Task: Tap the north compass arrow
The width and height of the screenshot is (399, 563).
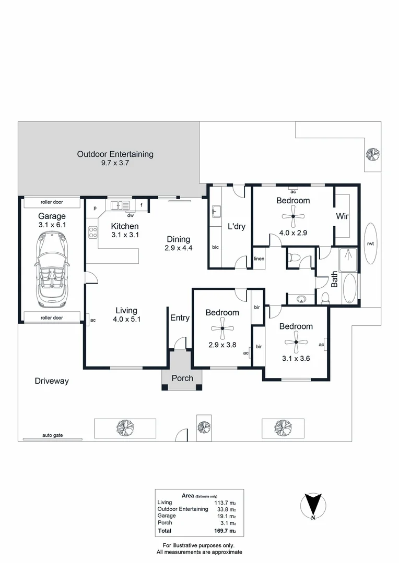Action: [312, 505]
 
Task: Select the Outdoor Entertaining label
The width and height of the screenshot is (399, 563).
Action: [115, 154]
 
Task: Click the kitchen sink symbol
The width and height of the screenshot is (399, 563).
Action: [120, 205]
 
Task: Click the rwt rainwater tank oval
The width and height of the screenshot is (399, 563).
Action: [370, 243]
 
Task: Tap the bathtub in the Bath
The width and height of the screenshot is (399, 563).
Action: [349, 289]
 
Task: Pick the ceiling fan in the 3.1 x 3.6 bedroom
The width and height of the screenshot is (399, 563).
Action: [296, 342]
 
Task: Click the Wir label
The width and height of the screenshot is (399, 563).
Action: [342, 216]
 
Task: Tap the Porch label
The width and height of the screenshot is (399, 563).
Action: [182, 378]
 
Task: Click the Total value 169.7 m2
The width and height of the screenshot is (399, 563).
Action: [223, 531]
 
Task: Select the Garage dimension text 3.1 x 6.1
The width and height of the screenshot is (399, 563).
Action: [52, 225]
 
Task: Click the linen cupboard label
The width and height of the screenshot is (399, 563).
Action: [259, 259]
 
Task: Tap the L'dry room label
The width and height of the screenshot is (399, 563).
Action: [236, 226]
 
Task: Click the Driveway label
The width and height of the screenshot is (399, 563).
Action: [52, 381]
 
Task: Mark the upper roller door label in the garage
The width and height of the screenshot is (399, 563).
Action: [52, 203]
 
